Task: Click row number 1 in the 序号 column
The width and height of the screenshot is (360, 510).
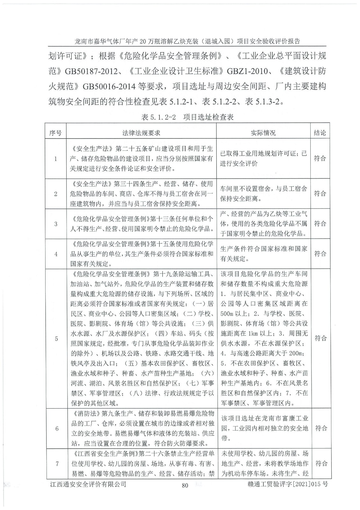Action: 56,159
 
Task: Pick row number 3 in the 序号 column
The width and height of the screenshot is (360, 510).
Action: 56,224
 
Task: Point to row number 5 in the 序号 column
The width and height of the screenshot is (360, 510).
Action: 56,339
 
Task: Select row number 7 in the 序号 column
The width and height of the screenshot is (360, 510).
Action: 57,463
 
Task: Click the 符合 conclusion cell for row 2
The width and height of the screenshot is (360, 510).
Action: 320,193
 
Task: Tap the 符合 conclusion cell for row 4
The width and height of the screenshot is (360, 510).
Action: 320,254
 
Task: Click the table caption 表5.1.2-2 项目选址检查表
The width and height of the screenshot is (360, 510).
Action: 187,117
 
